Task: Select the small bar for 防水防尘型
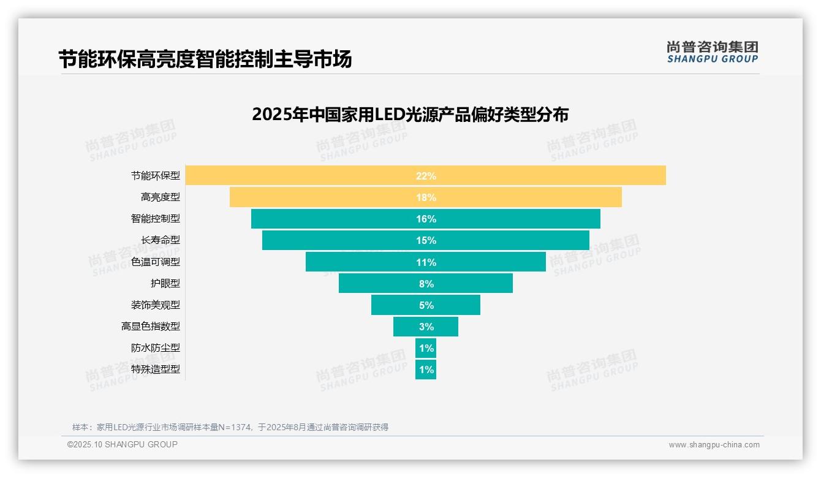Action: [x=426, y=348]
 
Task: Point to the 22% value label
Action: [x=426, y=176]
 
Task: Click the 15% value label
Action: [x=426, y=240]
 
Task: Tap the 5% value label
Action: [x=426, y=305]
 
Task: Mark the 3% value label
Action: [x=426, y=327]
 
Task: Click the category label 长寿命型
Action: [x=161, y=240]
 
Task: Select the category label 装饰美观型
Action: [x=156, y=305]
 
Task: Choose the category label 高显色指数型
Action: [x=151, y=326]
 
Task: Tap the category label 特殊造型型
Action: [x=156, y=370]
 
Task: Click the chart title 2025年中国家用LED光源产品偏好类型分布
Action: [x=410, y=115]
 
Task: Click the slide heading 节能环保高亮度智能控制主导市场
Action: [x=205, y=59]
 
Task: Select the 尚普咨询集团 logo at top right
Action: [x=712, y=51]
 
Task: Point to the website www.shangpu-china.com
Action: [x=714, y=445]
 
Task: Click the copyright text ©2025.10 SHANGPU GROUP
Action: [x=123, y=444]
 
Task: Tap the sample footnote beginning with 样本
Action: [x=230, y=427]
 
